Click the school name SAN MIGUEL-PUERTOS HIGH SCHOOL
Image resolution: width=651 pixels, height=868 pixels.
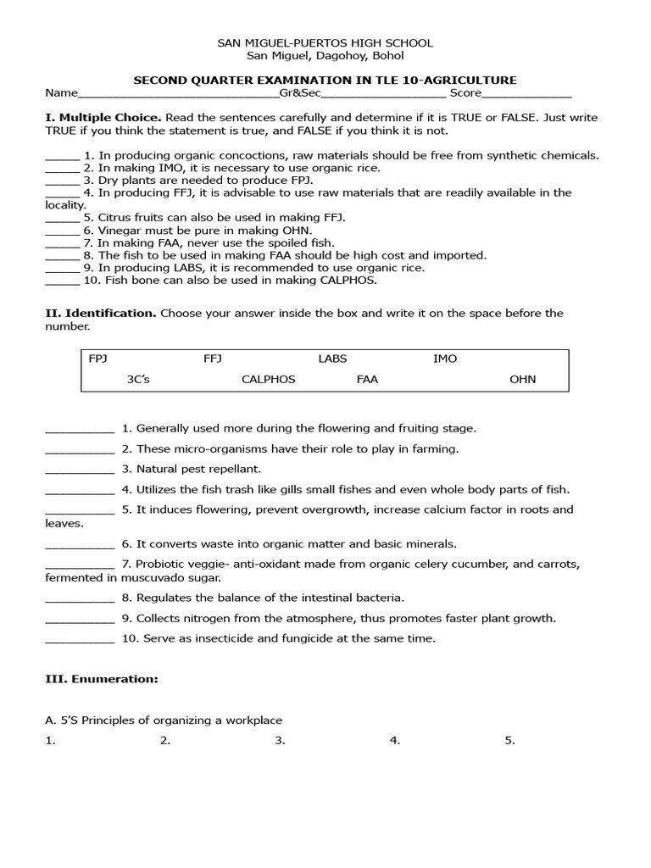[325, 42]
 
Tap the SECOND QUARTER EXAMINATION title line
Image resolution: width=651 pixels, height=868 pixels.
[325, 80]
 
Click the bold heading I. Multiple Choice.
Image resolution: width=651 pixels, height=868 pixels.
[103, 117]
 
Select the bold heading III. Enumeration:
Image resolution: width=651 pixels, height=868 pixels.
[101, 679]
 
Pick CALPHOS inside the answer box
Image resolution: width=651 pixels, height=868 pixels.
[268, 379]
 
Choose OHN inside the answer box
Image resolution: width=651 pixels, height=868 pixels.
[522, 379]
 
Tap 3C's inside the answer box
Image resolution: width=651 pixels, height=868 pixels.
[138, 379]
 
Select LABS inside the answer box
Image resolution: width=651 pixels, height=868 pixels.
[332, 359]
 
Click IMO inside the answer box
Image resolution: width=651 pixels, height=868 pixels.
[445, 359]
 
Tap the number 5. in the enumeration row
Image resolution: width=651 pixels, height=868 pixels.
[509, 740]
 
